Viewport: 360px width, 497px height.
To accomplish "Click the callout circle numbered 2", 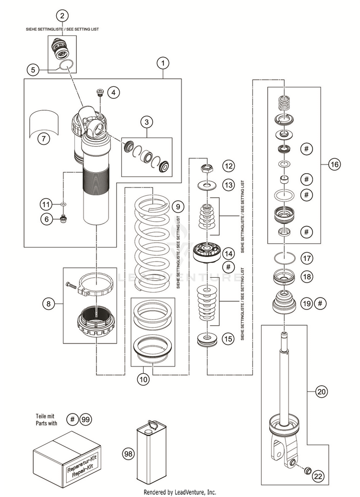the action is (x=62, y=15).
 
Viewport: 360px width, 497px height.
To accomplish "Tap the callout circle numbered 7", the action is (x=44, y=139).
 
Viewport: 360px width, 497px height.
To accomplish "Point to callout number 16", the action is (x=334, y=164).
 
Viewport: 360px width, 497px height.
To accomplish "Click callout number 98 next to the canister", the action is (x=128, y=454).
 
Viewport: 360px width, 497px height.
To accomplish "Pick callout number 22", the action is (x=318, y=476).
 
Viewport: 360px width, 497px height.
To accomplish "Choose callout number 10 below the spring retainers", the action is (x=144, y=379).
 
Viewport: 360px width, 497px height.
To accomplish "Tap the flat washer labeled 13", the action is (x=207, y=185).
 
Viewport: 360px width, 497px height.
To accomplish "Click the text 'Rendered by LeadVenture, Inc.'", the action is (x=180, y=492).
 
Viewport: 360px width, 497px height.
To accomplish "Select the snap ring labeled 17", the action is (x=285, y=257).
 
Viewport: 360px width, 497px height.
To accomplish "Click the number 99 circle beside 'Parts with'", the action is (x=85, y=420).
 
